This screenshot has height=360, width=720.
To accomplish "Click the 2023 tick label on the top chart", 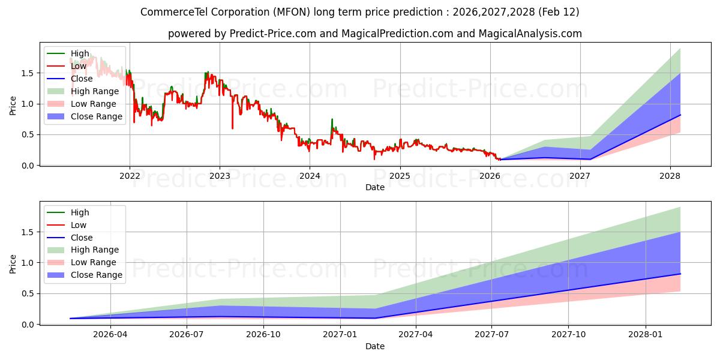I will click(x=220, y=176).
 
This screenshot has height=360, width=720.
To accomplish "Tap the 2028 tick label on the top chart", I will click(x=670, y=176).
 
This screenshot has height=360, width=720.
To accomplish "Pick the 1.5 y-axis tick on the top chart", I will click(x=29, y=73).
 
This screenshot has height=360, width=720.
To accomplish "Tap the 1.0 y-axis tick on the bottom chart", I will click(x=29, y=263).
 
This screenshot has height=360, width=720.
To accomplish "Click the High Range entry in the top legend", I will click(x=94, y=91).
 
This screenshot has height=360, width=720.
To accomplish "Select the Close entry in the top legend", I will click(x=82, y=79).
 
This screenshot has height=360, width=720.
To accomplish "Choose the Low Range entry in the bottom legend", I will click(x=94, y=262).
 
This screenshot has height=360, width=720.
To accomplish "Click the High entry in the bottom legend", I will click(x=80, y=212).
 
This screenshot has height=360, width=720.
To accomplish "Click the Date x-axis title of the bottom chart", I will click(x=375, y=346).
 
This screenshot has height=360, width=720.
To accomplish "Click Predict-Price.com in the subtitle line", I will click(x=273, y=34).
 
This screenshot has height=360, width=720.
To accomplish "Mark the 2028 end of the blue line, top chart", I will click(x=680, y=115).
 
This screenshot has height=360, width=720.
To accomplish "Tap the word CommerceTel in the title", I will click(x=169, y=12).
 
